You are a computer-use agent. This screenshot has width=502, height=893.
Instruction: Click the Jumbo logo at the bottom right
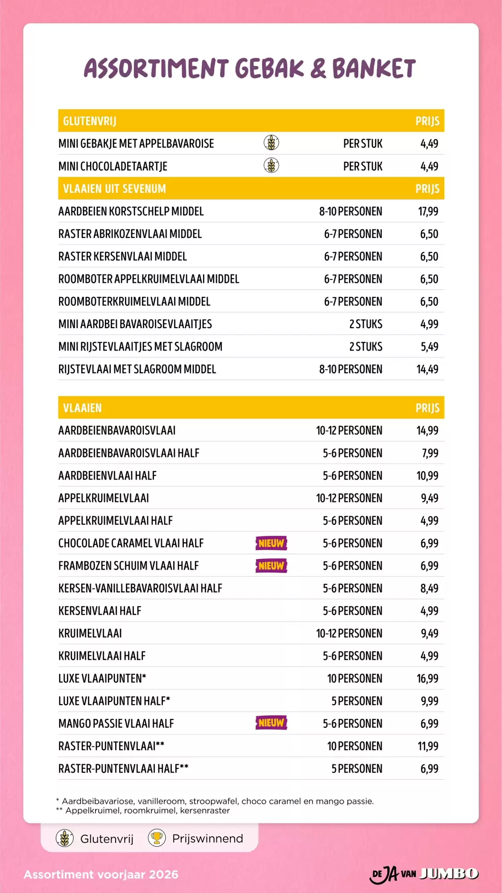pos(448,873)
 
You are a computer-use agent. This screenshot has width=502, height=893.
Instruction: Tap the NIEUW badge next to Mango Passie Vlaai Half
pos(271,723)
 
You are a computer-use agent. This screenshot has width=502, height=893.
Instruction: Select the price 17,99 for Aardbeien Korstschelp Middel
pos(428,211)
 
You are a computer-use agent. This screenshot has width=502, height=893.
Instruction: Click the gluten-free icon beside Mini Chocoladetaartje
pos(271,166)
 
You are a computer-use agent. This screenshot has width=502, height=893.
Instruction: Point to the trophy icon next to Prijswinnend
pos(157,838)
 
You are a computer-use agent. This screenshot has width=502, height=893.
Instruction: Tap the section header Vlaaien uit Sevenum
pos(114,189)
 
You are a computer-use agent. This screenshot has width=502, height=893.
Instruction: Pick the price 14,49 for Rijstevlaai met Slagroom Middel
pos(427,369)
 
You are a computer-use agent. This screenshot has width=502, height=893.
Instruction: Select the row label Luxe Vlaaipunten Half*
pos(114,701)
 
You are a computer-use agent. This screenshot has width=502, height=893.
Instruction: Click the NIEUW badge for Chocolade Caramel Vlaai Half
pos(271,543)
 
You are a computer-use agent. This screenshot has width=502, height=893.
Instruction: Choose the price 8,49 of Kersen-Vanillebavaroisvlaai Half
pos(429,588)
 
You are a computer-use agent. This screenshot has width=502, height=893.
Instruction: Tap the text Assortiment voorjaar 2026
pos(101,874)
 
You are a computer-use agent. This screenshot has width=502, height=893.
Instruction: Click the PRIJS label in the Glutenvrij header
pos(427,121)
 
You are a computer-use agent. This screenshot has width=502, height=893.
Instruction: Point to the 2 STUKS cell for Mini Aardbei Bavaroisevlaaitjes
pos(365,324)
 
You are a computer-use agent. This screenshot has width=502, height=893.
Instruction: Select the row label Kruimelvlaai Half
pos(102,656)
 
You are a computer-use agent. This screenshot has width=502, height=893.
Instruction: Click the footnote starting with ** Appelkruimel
pos(143,810)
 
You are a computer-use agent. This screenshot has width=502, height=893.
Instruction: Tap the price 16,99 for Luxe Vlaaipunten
pos(427,679)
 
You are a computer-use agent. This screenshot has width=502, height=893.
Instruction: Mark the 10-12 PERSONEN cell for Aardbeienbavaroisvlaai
pos(349,430)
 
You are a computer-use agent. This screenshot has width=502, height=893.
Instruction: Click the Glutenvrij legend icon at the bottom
pos(65,839)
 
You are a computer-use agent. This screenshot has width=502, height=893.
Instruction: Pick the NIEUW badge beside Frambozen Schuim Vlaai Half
pos(271,566)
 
